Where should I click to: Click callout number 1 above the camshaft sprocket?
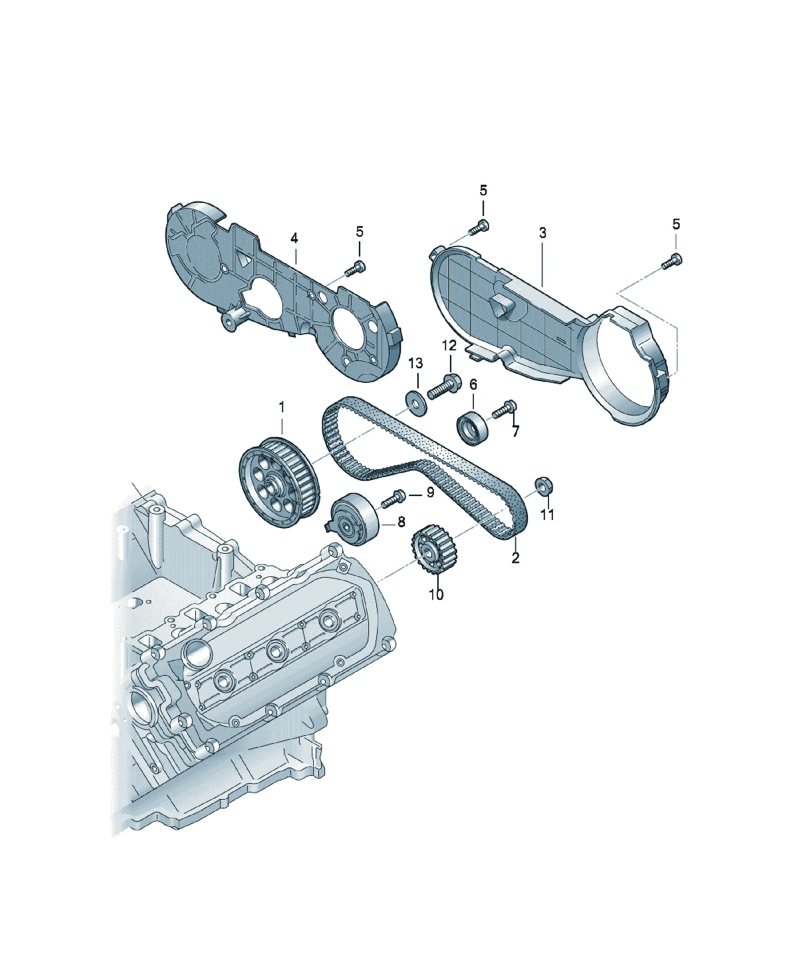pyautogui.click(x=282, y=407)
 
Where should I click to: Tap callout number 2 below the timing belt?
pyautogui.click(x=515, y=558)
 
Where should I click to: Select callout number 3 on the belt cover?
pyautogui.click(x=542, y=233)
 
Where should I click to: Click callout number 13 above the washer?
pyautogui.click(x=415, y=364)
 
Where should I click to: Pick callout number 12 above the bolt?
pyautogui.click(x=449, y=345)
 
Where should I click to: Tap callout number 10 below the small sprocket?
pyautogui.click(x=436, y=595)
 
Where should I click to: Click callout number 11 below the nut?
pyautogui.click(x=548, y=515)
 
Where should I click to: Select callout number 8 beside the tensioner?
pyautogui.click(x=401, y=522)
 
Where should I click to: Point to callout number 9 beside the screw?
pyautogui.click(x=430, y=492)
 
